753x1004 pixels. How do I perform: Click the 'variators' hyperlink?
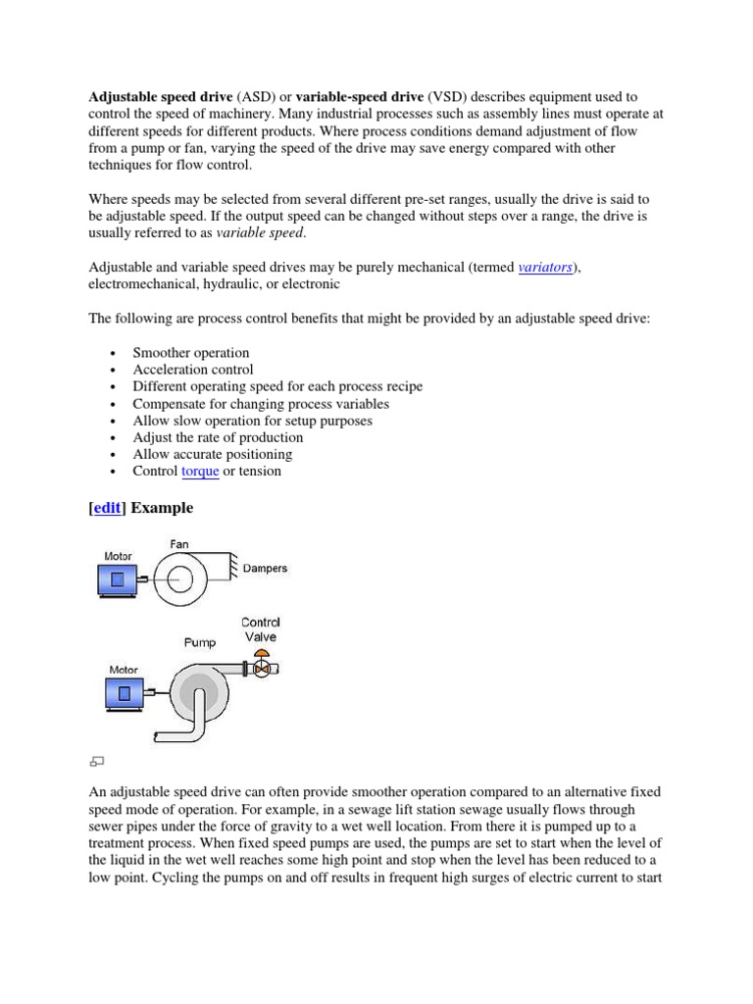pyautogui.click(x=544, y=267)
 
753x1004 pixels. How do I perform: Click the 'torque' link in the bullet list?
pyautogui.click(x=200, y=472)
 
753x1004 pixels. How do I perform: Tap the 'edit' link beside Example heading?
pyautogui.click(x=108, y=508)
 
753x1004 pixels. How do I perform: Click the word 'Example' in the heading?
pyautogui.click(x=162, y=508)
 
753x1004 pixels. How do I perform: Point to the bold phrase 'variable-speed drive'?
pyautogui.click(x=360, y=97)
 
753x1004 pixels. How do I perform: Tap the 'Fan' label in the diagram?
pyautogui.click(x=179, y=544)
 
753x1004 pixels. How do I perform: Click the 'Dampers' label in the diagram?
pyautogui.click(x=265, y=569)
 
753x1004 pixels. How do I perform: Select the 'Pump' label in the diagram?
pyautogui.click(x=200, y=643)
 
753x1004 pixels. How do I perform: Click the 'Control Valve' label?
pyautogui.click(x=260, y=629)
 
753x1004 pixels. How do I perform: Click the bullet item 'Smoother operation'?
pyautogui.click(x=191, y=353)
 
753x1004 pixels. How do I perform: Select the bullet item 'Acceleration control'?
pyautogui.click(x=193, y=370)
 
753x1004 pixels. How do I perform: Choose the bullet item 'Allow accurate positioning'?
pyautogui.click(x=213, y=454)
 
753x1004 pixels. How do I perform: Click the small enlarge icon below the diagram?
pyautogui.click(x=96, y=761)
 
